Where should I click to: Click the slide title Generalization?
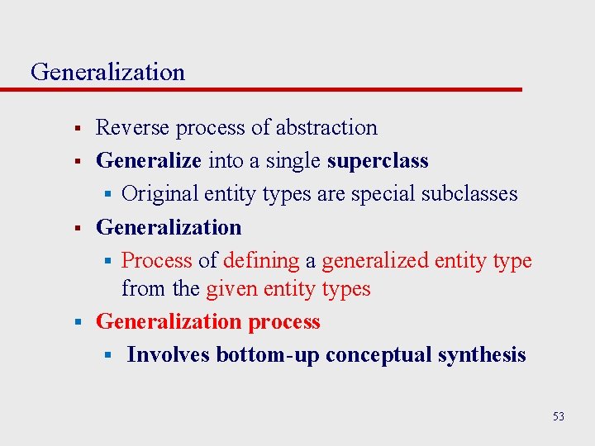(x=107, y=72)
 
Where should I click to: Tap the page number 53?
(x=559, y=416)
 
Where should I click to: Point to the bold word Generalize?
(x=149, y=160)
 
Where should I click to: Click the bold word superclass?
(x=378, y=160)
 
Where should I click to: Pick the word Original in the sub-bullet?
(x=159, y=193)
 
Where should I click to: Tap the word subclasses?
(x=469, y=193)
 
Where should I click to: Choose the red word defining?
(x=261, y=260)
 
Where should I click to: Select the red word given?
(x=234, y=288)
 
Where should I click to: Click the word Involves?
(x=168, y=354)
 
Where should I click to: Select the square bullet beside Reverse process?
(x=75, y=129)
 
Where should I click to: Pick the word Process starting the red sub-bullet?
(x=156, y=260)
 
